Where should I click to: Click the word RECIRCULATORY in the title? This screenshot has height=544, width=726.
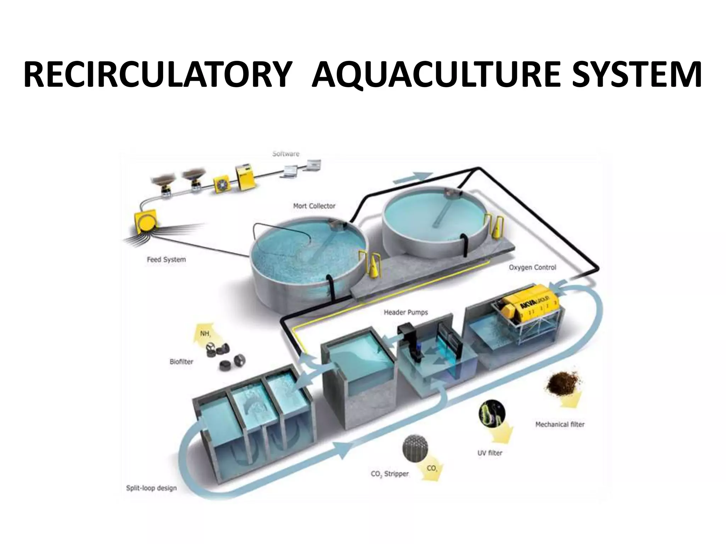[x=156, y=75]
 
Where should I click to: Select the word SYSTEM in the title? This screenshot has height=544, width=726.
[x=637, y=75]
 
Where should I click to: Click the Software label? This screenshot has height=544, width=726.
[x=286, y=154]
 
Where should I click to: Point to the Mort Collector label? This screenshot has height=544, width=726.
[x=314, y=206]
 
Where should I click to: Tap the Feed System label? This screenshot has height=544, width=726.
[x=166, y=259]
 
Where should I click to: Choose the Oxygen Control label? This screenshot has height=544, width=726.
[x=532, y=267]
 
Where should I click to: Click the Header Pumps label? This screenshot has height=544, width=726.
[x=406, y=312]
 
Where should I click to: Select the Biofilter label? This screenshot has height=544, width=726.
[x=181, y=362]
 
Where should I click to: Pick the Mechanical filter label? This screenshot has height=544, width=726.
[x=560, y=424]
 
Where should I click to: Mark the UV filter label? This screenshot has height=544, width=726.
[x=490, y=453]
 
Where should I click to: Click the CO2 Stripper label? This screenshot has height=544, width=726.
[x=390, y=474]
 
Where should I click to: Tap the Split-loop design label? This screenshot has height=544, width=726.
[x=151, y=488]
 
